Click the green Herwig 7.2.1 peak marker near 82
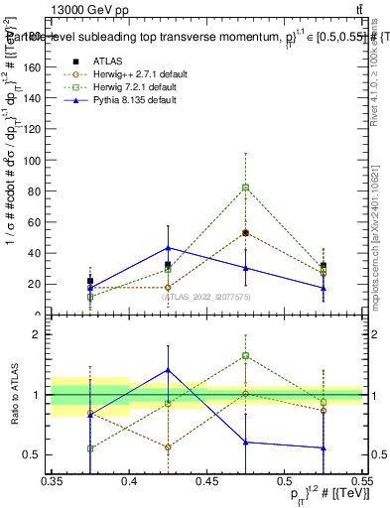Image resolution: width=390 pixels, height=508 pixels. [245, 188]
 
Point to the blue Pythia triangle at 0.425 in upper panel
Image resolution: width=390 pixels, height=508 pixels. [169, 248]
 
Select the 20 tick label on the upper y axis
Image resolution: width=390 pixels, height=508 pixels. [36, 284]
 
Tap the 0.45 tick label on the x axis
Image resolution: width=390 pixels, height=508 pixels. [206, 481]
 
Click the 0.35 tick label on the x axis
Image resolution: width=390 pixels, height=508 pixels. [53, 481]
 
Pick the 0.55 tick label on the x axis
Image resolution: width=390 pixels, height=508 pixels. [360, 481]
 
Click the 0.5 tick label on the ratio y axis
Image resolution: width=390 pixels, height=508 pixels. [35, 455]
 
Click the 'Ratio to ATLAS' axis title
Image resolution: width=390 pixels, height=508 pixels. [12, 395]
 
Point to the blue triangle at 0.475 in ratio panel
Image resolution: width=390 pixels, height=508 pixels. [245, 443]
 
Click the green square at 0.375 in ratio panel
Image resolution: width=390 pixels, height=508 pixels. [91, 448]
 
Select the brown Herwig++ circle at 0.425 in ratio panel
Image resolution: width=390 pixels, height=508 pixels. [169, 446]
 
